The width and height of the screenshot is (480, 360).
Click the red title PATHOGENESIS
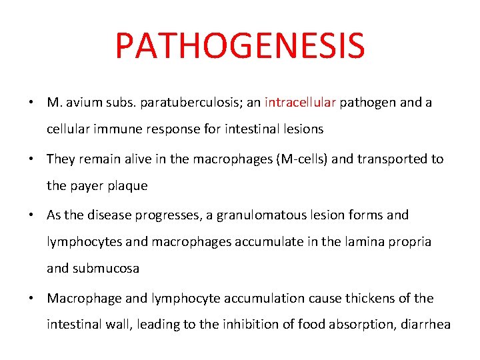(240, 46)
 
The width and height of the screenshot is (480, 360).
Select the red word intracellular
(301, 103)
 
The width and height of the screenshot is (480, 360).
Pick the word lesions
(303, 129)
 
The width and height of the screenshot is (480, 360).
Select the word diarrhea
(424, 324)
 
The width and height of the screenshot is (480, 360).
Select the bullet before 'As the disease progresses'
(32, 215)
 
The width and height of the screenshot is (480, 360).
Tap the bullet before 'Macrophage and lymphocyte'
(32, 298)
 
